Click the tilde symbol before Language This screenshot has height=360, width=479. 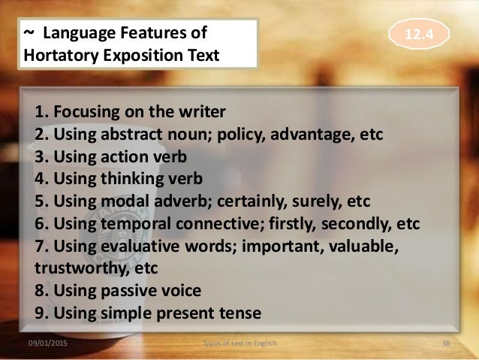(29, 34)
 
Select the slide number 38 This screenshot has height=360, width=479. (445, 344)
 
